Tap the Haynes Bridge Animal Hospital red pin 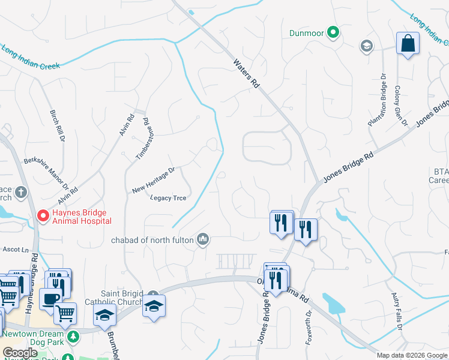[43, 215]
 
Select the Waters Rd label [247, 74]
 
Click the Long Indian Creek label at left [30, 57]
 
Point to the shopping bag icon [408, 44]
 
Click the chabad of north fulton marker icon [203, 240]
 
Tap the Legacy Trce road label [168, 198]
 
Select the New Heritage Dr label [153, 181]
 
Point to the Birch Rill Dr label [58, 126]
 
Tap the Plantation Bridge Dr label [377, 100]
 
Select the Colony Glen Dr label [400, 106]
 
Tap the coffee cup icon [50, 298]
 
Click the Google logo [20, 353]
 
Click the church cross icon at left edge [21, 193]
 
